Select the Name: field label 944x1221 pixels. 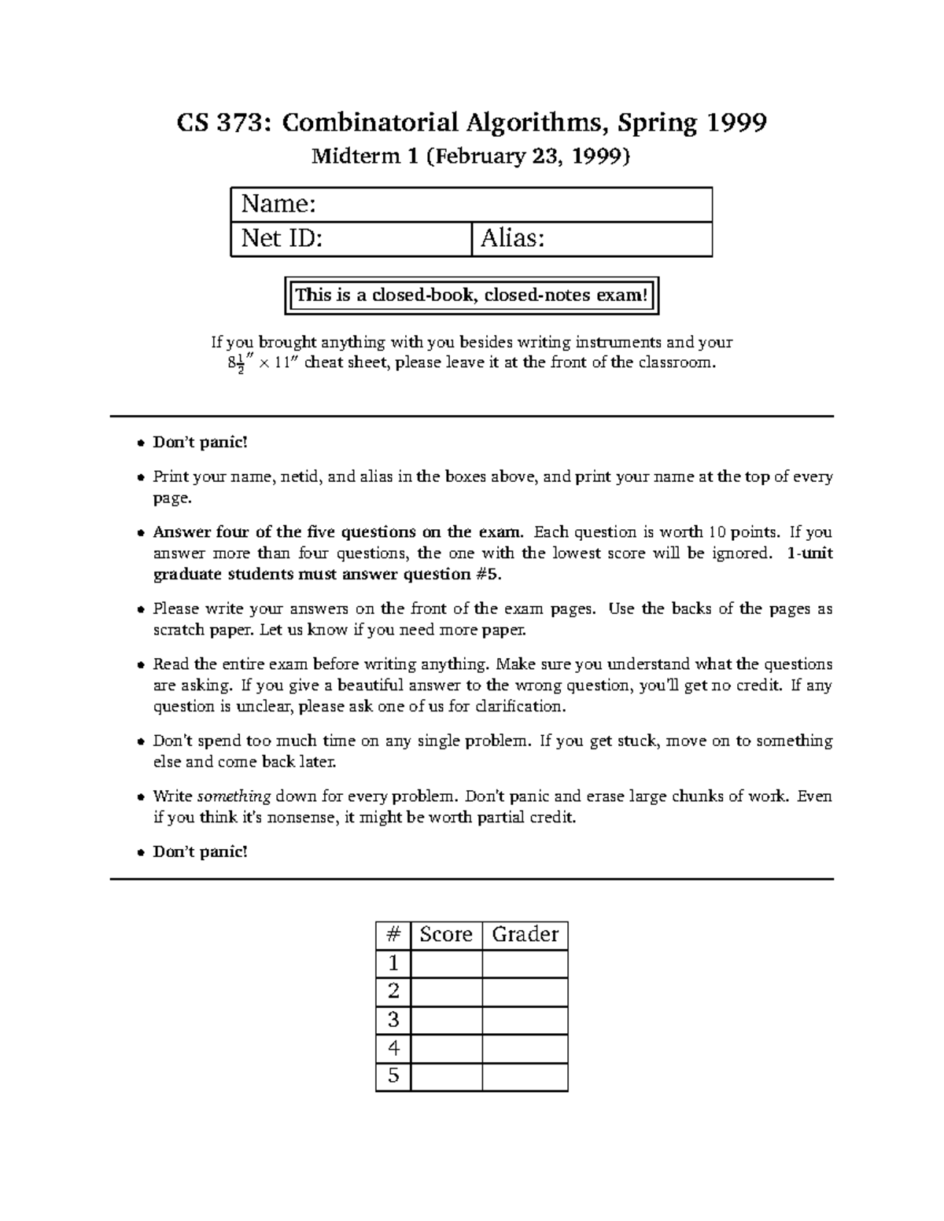coord(278,204)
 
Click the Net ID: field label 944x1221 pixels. coord(282,238)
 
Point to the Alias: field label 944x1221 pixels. coord(513,238)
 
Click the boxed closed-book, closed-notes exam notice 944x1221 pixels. coord(471,296)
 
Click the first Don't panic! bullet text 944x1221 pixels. coord(200,443)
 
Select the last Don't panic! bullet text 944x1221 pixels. coord(200,851)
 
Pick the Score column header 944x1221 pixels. coord(446,935)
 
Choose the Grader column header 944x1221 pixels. coord(525,935)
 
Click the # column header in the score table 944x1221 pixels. coord(393,935)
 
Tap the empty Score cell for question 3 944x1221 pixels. coord(446,1021)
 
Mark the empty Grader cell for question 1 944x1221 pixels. coord(525,964)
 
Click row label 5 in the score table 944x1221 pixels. coord(393,1076)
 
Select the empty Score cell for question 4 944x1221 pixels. coord(446,1049)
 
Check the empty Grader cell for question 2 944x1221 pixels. coord(525,991)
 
